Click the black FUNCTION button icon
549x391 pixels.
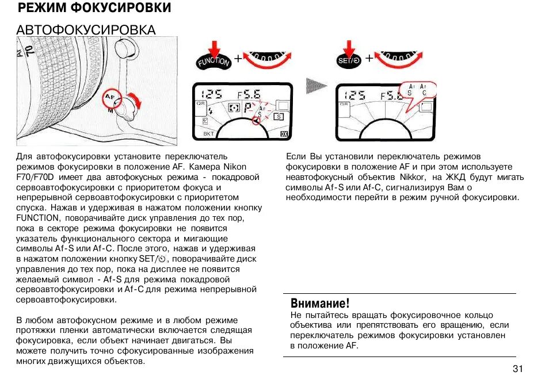point(213,61)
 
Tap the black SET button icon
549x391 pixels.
point(348,61)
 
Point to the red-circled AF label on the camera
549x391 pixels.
point(112,98)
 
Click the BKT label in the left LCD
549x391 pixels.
point(208,133)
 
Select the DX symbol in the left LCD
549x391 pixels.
point(283,134)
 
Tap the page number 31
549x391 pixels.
point(517,369)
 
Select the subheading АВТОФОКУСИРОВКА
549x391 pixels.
point(86,29)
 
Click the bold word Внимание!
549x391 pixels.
point(320,303)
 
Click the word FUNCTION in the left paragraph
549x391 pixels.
point(37,218)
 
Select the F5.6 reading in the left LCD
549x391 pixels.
point(249,94)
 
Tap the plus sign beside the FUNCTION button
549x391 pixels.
point(237,60)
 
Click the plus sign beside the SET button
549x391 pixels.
point(369,58)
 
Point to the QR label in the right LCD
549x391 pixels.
point(344,105)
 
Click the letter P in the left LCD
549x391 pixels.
point(248,108)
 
